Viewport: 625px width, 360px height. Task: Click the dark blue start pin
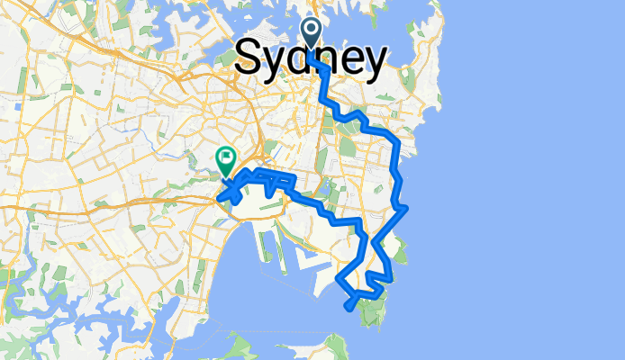click(312, 33)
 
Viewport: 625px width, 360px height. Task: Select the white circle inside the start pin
click(312, 29)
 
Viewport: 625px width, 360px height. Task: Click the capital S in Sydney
click(251, 59)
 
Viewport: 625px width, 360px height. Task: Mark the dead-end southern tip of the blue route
click(349, 308)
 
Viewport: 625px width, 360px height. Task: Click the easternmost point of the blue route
click(407, 209)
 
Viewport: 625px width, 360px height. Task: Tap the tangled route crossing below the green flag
click(232, 190)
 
